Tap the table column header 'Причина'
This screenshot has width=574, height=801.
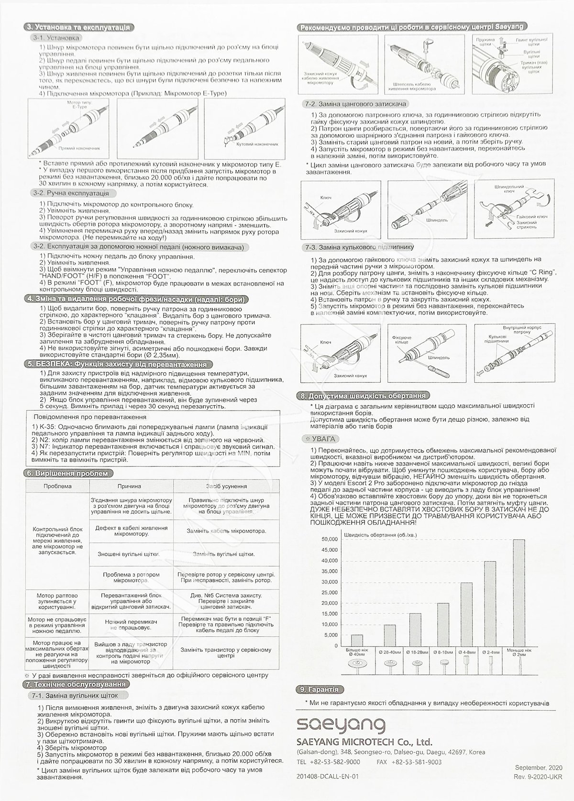(129, 486)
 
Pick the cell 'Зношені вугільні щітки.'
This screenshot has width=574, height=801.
(129, 554)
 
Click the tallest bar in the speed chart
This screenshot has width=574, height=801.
(519, 593)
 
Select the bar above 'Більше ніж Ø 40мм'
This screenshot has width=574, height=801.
(357, 641)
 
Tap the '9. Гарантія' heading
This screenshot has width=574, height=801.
(319, 690)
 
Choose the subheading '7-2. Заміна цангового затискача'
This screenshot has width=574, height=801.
(355, 104)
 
